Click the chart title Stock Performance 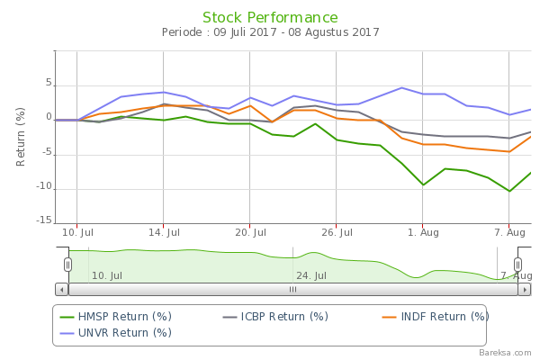point(270,18)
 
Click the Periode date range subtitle point(270,33)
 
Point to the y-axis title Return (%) point(21,136)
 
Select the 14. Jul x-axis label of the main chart point(163,231)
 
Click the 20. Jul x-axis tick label point(249,231)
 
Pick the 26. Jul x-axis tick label point(336,231)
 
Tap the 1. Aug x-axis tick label point(423,231)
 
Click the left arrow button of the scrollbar point(61,290)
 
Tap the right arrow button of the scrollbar point(524,290)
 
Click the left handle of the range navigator point(67,264)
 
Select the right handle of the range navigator point(517,264)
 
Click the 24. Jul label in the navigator point(310,275)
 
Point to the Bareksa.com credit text point(508,353)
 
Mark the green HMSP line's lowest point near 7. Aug point(509,191)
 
